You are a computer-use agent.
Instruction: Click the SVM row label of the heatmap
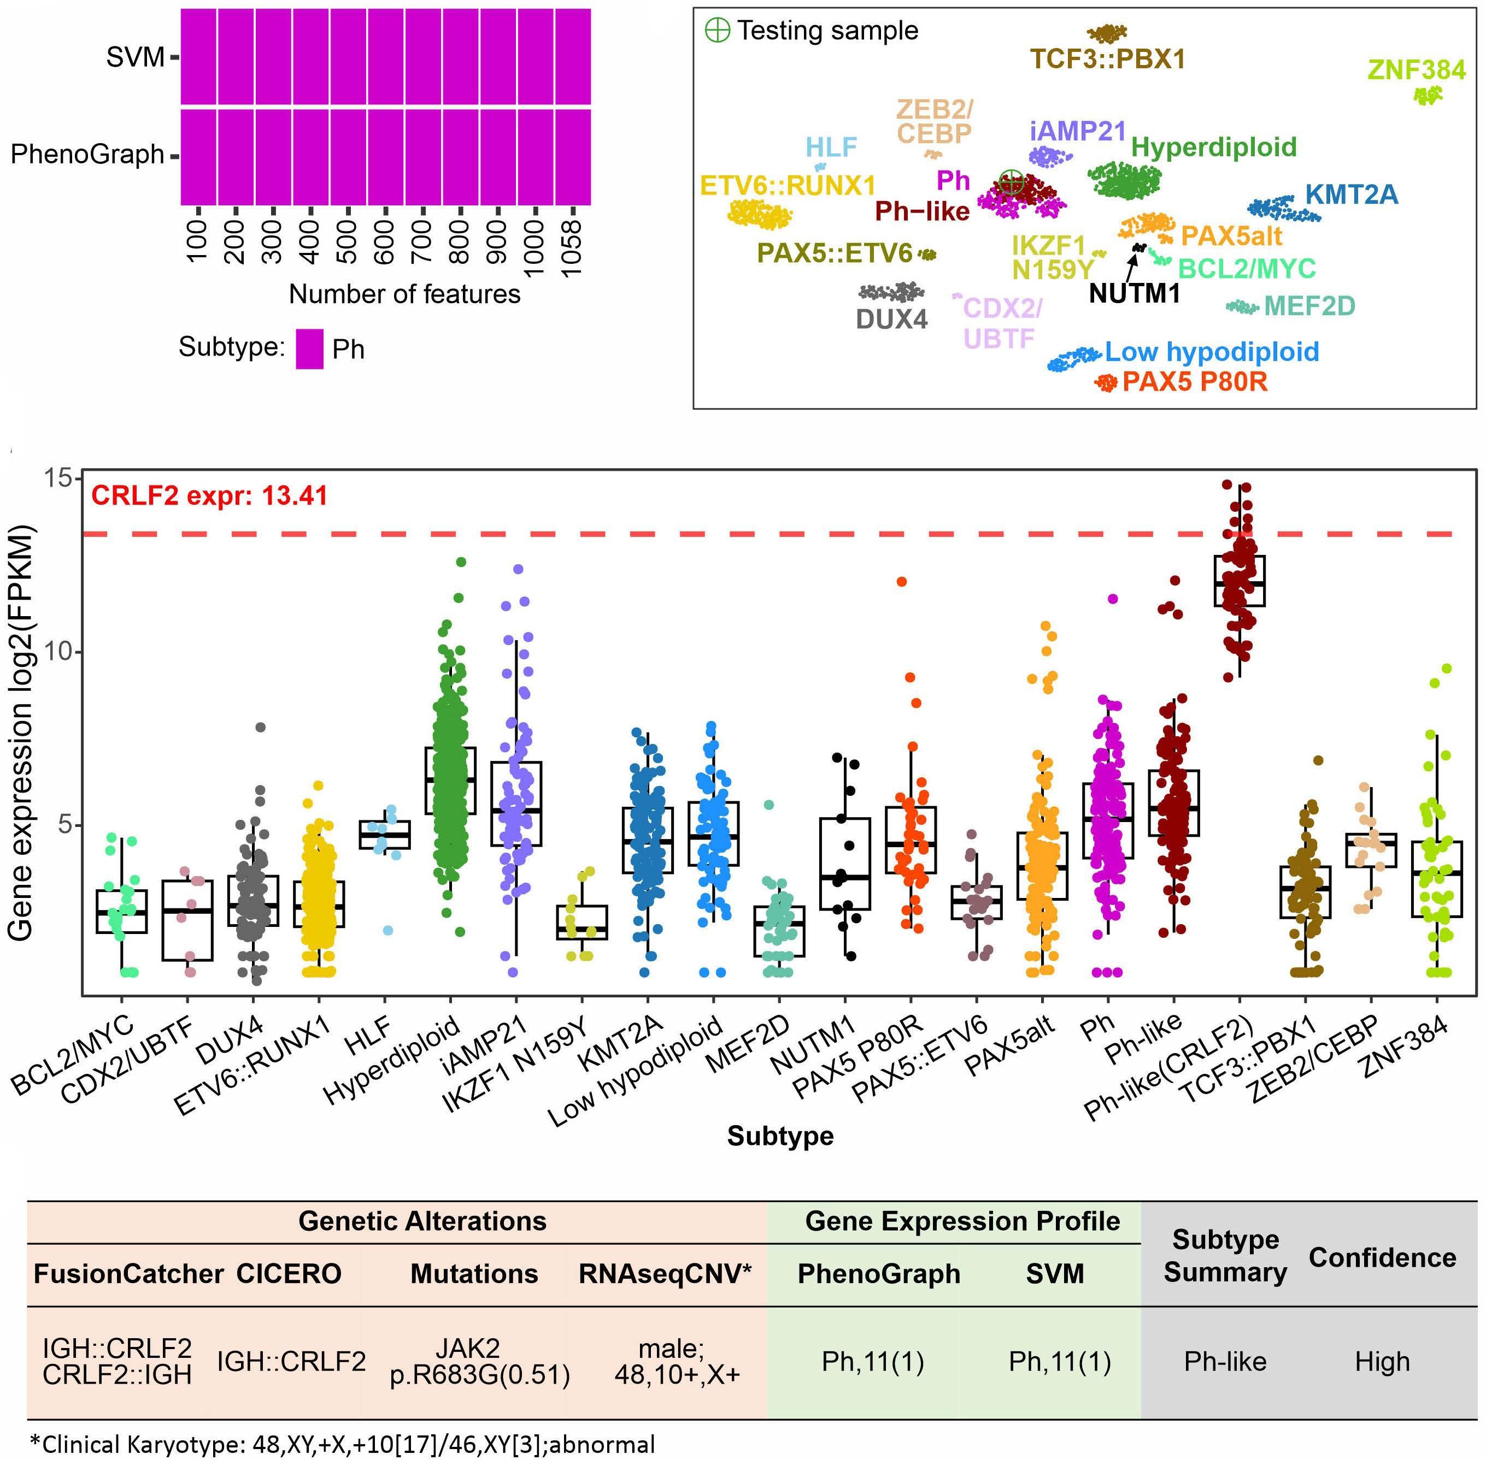[x=135, y=57]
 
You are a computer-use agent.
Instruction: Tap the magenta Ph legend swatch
[x=309, y=349]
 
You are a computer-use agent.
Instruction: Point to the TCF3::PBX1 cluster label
[x=1107, y=59]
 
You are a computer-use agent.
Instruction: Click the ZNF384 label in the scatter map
[x=1416, y=70]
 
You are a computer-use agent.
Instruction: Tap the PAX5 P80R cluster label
[x=1195, y=381]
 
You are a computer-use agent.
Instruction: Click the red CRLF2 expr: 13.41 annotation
[x=209, y=495]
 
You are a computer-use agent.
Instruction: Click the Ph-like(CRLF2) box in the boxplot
[x=1239, y=581]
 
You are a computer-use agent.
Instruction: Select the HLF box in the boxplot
[x=384, y=834]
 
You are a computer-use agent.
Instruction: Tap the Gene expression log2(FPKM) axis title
[x=21, y=732]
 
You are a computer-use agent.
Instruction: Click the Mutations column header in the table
[x=474, y=1274]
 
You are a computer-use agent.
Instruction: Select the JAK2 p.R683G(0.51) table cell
[x=479, y=1362]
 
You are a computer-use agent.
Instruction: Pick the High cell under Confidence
[x=1382, y=1361]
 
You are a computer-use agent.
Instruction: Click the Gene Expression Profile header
[x=962, y=1221]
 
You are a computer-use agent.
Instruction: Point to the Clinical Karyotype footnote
[x=342, y=1445]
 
